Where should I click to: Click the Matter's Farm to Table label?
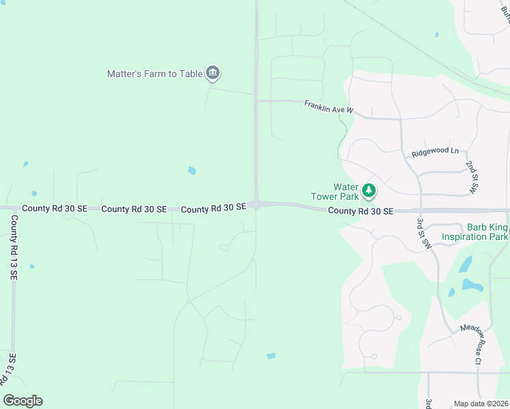coord(155,74)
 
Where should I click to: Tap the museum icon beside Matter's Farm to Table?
coord(212,73)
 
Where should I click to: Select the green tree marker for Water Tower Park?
coord(368,190)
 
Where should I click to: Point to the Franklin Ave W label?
coord(329,106)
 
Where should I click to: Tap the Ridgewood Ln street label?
coord(435,152)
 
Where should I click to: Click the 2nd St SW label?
coord(472,177)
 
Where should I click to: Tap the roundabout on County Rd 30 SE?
coord(256,204)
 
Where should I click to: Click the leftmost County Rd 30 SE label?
coord(54,209)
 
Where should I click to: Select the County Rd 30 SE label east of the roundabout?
coord(361,211)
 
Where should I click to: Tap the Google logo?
coord(23,401)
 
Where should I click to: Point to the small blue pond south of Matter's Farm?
coord(192,170)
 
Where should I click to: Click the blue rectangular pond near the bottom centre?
coord(271,356)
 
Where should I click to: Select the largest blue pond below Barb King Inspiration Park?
coord(472,284)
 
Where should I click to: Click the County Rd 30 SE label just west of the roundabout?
coord(213,208)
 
